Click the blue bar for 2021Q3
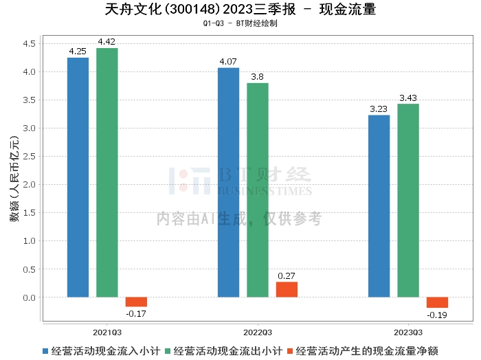78,177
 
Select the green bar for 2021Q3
107,172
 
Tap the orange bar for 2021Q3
136,302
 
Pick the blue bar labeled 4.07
228,183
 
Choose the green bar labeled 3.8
257,190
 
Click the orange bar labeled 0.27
287,290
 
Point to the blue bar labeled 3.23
379,206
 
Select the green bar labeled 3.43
407,201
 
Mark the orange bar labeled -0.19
437,303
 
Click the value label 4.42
107,43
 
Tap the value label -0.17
136,314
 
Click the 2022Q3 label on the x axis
257,331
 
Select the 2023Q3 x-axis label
407,331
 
